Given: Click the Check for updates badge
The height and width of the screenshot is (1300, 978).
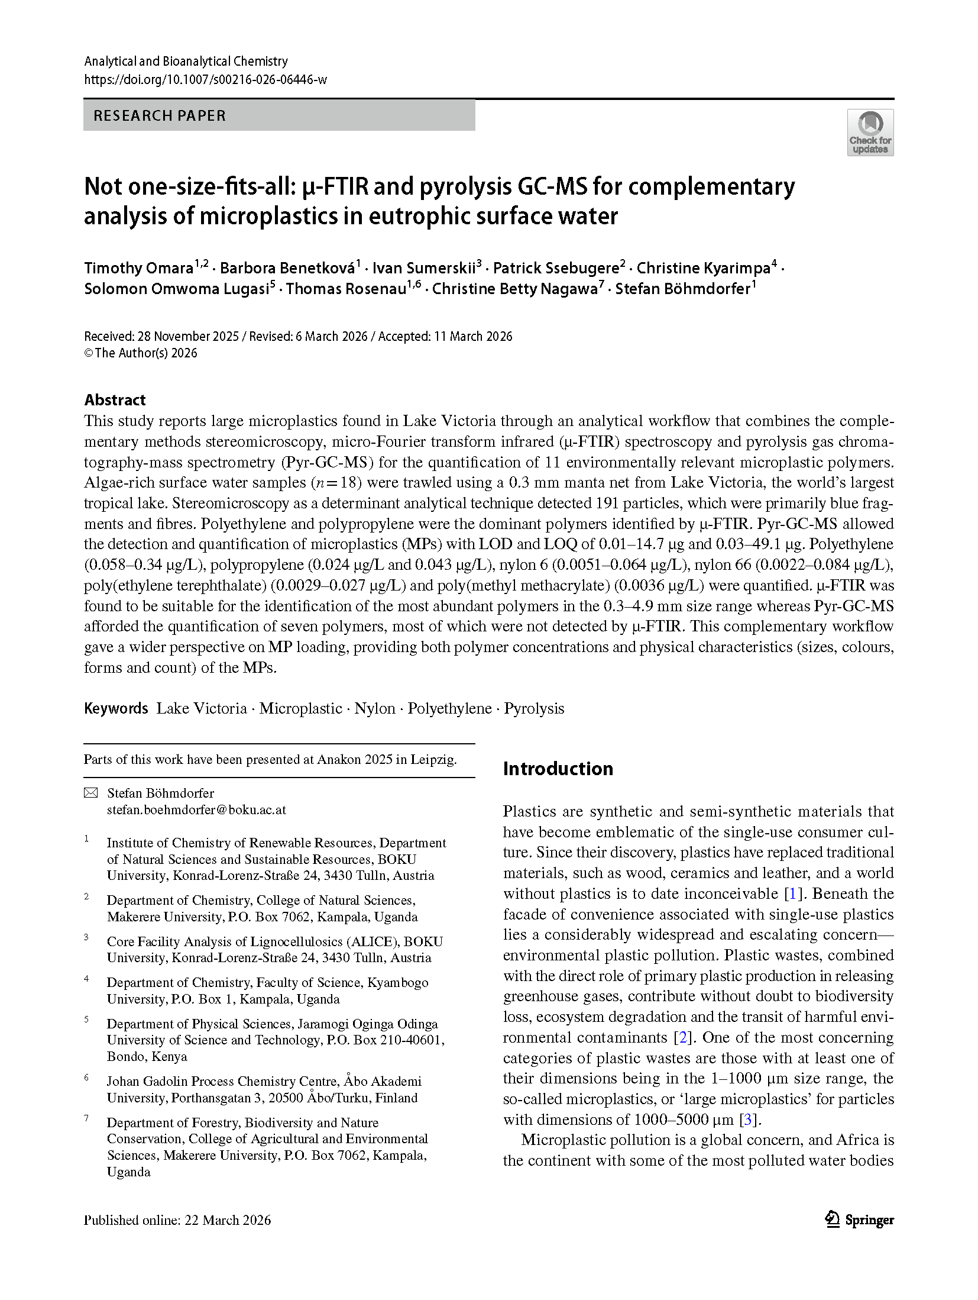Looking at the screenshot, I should tap(870, 133).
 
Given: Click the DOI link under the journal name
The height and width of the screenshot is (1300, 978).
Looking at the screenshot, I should tap(205, 80).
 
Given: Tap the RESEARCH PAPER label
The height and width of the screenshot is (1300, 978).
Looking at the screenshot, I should tap(160, 115).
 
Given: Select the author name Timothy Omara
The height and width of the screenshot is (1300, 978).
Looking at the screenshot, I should tap(138, 268).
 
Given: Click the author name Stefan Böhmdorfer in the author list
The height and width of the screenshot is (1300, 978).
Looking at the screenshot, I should tap(682, 289).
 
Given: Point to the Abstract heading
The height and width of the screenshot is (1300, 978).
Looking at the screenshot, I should tap(115, 400).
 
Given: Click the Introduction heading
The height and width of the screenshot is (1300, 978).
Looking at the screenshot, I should tap(558, 769).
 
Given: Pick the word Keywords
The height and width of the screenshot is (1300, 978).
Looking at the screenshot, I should tap(116, 708).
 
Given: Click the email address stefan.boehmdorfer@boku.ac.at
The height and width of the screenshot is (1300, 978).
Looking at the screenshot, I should tap(196, 809).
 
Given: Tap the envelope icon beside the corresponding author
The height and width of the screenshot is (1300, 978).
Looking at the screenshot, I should tap(90, 793).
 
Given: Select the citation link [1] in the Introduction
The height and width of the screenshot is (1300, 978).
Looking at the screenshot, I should tap(793, 893).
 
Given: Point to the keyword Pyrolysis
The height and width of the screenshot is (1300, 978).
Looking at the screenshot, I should tap(534, 708).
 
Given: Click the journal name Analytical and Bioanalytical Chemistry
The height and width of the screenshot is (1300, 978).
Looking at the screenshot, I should tap(186, 61).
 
